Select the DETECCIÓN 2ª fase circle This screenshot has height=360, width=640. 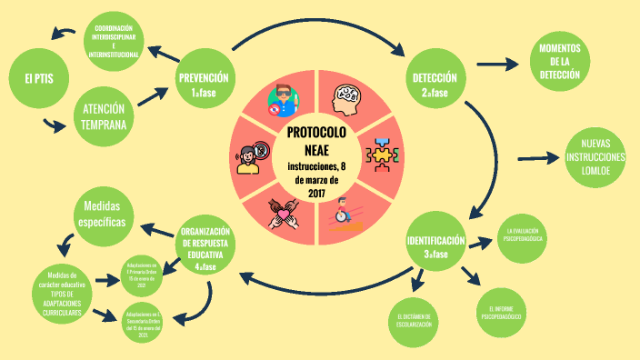[435, 84]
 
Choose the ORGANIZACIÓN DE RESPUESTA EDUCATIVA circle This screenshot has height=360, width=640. [205, 248]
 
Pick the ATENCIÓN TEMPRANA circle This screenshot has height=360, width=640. [103, 115]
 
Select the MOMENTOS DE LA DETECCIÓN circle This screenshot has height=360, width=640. [561, 63]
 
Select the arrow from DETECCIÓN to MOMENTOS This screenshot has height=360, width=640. [497, 65]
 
